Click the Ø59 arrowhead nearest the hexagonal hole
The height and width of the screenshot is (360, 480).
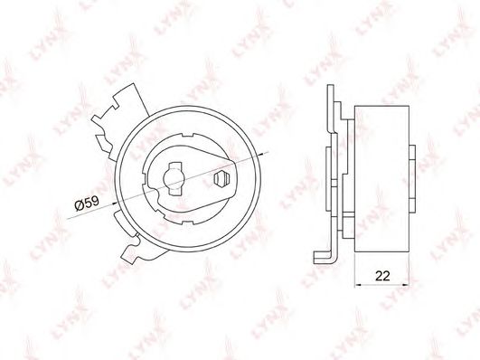pyautogui.click(x=259, y=156)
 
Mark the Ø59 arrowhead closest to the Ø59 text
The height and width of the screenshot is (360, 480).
pyautogui.click(x=120, y=193)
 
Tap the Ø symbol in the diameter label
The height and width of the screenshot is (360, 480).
pyautogui.click(x=77, y=204)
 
